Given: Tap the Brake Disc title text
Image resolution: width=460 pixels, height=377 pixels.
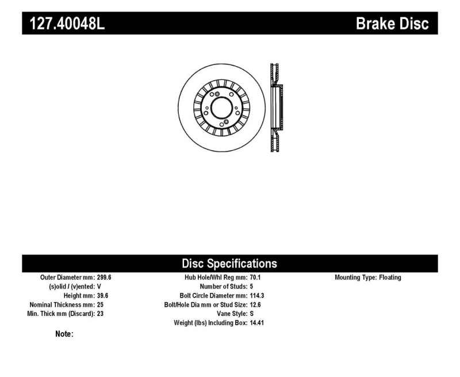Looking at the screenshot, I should pos(392,24).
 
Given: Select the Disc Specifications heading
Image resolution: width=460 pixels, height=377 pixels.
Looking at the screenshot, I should pos(229,264).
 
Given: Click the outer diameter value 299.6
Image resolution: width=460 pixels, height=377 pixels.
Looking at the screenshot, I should pos(104,277).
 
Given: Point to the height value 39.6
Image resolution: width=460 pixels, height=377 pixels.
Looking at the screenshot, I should pos(102,295).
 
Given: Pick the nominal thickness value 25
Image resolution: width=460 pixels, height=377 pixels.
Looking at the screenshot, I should pos(101,304).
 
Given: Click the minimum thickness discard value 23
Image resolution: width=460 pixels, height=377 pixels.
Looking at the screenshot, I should pos(101,314).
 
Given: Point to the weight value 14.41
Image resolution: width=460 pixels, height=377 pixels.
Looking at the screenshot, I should pos(257,323).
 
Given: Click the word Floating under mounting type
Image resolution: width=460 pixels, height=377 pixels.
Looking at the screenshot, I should pos(390,277).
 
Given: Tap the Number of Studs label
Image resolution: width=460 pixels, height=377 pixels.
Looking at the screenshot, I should pos(223,286).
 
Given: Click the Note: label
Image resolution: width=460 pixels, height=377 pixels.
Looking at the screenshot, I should pos(64,334).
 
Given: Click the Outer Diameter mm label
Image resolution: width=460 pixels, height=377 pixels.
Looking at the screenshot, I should pos(67,277).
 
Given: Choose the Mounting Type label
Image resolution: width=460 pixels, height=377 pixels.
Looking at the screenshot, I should pos(355,277).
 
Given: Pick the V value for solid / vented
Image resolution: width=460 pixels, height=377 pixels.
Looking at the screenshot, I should pos(99,286).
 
